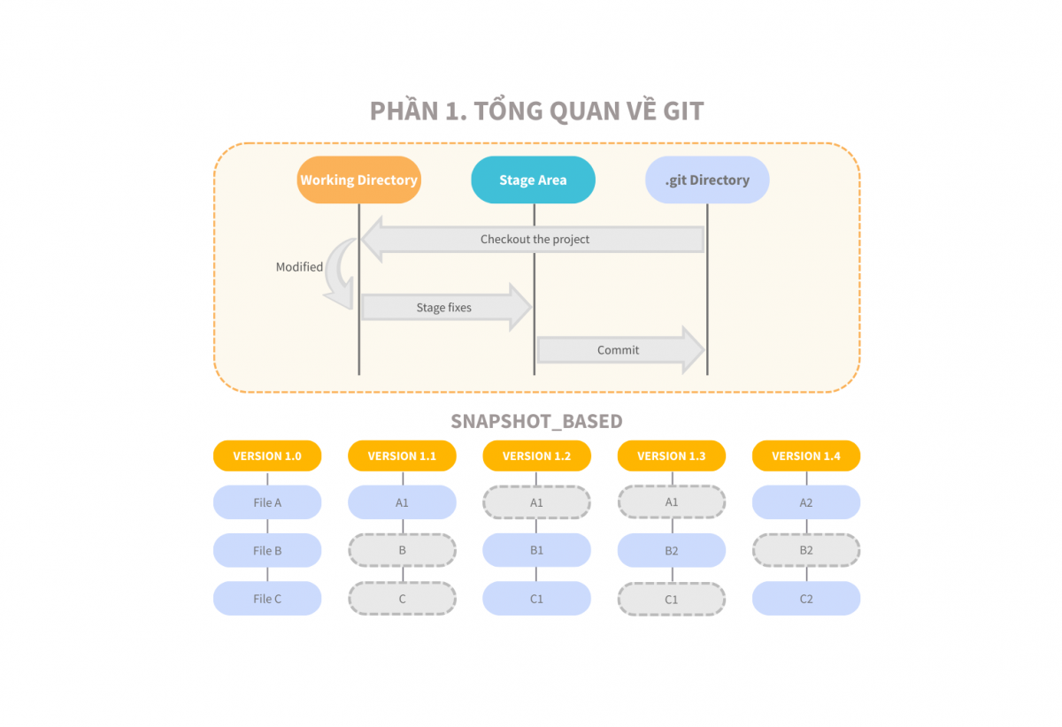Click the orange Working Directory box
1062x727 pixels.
click(358, 180)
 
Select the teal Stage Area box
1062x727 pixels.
click(533, 180)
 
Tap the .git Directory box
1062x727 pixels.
click(707, 180)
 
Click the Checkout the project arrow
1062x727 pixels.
click(535, 239)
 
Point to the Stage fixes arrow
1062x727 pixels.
click(444, 308)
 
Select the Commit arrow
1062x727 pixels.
click(619, 350)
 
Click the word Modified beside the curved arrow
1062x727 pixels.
click(299, 267)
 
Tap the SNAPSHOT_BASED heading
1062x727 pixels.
click(536, 421)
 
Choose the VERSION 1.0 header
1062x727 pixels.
click(267, 455)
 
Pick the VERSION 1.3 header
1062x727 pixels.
click(672, 455)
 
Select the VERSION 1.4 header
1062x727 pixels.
click(806, 455)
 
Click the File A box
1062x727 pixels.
click(267, 502)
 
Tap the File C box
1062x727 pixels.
click(267, 599)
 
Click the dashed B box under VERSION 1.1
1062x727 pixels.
click(402, 550)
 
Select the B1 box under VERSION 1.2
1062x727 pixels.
click(536, 550)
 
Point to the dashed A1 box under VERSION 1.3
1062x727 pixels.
click(672, 502)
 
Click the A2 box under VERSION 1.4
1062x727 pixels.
click(806, 502)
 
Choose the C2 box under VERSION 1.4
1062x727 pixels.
click(806, 599)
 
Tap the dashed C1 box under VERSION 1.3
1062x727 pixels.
click(672, 599)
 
